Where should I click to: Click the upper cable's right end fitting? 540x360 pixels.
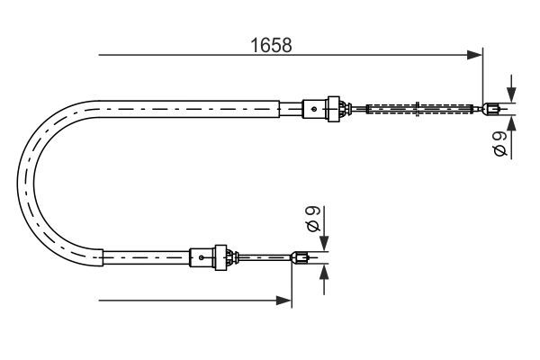[x=491, y=110]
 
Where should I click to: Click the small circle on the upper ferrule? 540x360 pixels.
[x=313, y=109]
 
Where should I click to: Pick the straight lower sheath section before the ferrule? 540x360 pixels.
[x=144, y=258]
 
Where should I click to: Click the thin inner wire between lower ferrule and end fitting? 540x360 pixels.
[x=265, y=258]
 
